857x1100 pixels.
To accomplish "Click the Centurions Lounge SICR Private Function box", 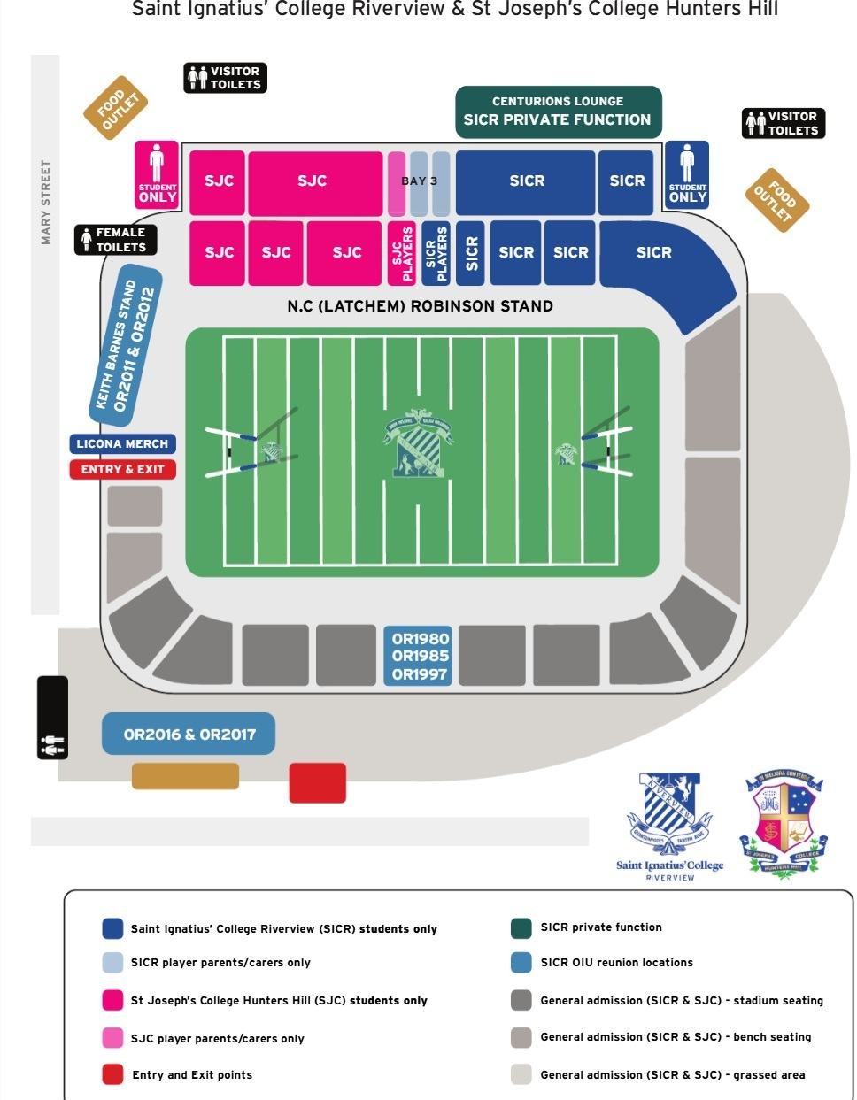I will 558,112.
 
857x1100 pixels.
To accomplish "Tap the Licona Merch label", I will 122,444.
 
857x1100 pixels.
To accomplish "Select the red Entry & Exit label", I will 122,469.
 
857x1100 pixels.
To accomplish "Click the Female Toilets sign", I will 115,240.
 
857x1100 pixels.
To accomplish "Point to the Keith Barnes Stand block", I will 127,345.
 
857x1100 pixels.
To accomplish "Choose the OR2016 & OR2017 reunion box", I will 188,735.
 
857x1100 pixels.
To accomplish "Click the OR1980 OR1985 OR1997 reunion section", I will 420,656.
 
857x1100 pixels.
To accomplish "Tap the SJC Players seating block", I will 404,253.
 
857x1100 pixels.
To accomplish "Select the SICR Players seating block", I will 436,253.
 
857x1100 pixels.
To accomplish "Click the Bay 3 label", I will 419,181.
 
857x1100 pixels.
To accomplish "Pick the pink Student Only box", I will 157,175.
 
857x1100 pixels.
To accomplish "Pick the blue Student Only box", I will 687,175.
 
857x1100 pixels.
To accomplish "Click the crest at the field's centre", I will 418,442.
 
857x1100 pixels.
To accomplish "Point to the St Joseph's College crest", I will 784,823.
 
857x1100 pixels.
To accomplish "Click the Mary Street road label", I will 45,203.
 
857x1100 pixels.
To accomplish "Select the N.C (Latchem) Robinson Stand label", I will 420,306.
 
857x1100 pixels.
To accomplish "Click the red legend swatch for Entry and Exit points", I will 112,1074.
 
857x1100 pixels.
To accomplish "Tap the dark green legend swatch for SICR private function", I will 521,927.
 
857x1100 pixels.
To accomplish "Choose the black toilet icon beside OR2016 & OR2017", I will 52,718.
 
